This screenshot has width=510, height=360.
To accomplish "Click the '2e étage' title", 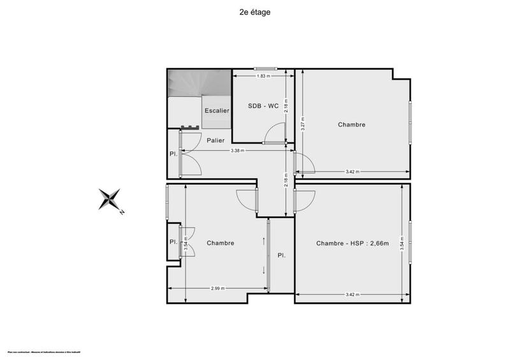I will [x=254, y=11].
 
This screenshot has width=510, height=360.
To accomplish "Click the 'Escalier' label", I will [x=217, y=111].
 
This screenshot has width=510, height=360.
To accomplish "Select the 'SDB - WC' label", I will [x=263, y=106].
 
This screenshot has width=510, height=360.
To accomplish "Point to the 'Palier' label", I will [x=215, y=140].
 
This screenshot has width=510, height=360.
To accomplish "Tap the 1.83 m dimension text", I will [x=263, y=76].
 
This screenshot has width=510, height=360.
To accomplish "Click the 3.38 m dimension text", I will [x=240, y=151].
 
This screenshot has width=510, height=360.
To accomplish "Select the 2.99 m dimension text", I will [x=217, y=289].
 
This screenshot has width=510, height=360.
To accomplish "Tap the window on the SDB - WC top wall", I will [x=263, y=69].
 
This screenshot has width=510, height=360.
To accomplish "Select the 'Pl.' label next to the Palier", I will [x=173, y=154].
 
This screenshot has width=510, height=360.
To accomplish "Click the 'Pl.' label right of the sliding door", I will [x=281, y=255].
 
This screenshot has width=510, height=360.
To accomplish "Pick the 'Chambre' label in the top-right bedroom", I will [x=351, y=125].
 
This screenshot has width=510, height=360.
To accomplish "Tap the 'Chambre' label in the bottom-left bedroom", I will [x=221, y=243].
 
